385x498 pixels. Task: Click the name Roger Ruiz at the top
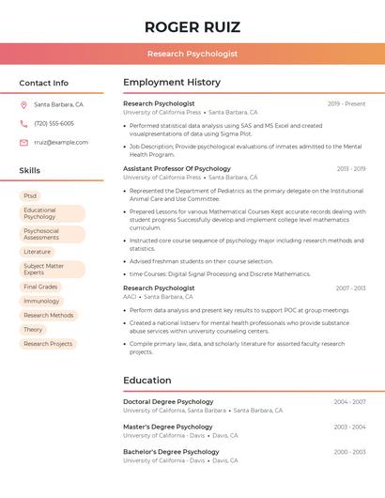coord(192,27)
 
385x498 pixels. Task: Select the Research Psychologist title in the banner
coord(192,54)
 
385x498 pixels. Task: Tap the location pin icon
coord(23,104)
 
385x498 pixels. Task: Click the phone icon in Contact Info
coord(23,123)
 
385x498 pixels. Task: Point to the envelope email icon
coord(23,143)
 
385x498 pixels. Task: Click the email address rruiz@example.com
coord(61,143)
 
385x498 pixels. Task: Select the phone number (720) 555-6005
coord(54,123)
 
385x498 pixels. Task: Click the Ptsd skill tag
coord(31,195)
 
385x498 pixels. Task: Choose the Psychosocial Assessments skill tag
coord(41,234)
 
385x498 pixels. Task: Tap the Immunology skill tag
coord(41,301)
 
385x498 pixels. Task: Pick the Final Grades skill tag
coord(40,287)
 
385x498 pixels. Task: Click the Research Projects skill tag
coord(48,344)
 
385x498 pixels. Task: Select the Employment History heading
coord(172,83)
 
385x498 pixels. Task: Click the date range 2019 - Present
coord(346,103)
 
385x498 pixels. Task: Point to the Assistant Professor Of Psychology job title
coord(177,168)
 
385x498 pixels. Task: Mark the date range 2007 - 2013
coord(350,288)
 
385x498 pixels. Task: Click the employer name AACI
coord(130,296)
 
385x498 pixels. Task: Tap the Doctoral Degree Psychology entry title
coord(168,401)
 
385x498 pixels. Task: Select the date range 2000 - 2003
coord(350,452)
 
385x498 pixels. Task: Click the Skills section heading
coord(30,171)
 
